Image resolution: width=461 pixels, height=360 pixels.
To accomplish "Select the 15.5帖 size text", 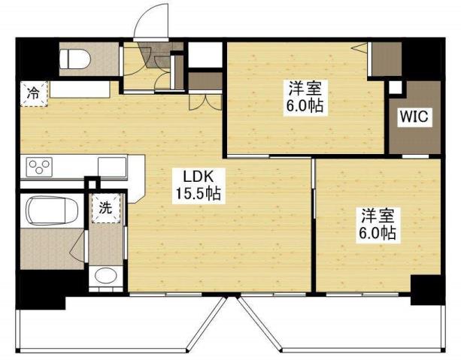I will pos(197,194).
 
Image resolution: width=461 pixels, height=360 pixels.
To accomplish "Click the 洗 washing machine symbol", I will pos(105,208).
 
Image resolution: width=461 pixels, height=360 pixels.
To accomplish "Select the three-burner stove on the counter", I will pos(38,167).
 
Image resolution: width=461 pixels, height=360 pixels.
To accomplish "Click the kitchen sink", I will pos(112,165).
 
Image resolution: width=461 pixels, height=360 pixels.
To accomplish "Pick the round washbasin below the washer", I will pos(105,275).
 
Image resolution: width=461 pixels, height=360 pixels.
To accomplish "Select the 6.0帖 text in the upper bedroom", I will pos(302,106).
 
